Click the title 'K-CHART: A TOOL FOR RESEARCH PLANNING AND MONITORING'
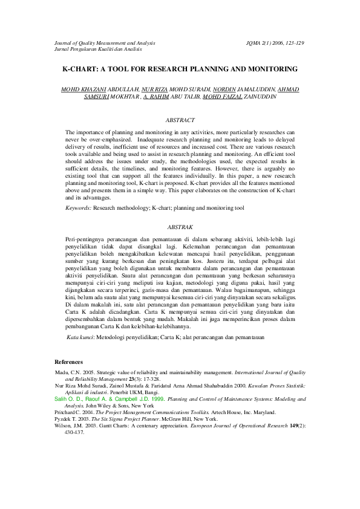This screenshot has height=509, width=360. tap(180, 69)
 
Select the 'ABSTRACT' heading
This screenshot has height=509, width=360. tap(180, 120)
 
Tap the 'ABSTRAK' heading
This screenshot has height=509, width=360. tap(180, 227)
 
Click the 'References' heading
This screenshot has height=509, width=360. tap(69, 361)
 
